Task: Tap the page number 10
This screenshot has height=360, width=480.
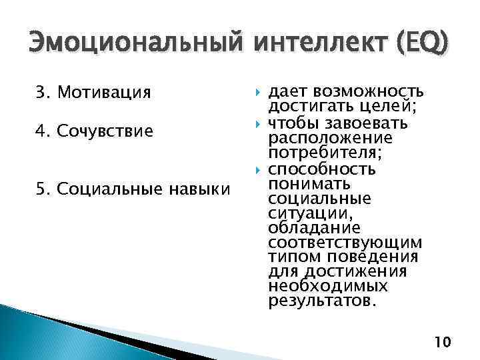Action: point(442,343)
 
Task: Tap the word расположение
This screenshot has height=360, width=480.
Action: point(330,138)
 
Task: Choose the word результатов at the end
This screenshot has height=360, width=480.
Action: point(322,300)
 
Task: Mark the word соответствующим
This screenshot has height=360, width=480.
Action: point(344,242)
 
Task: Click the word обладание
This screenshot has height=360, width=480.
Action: point(313,227)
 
